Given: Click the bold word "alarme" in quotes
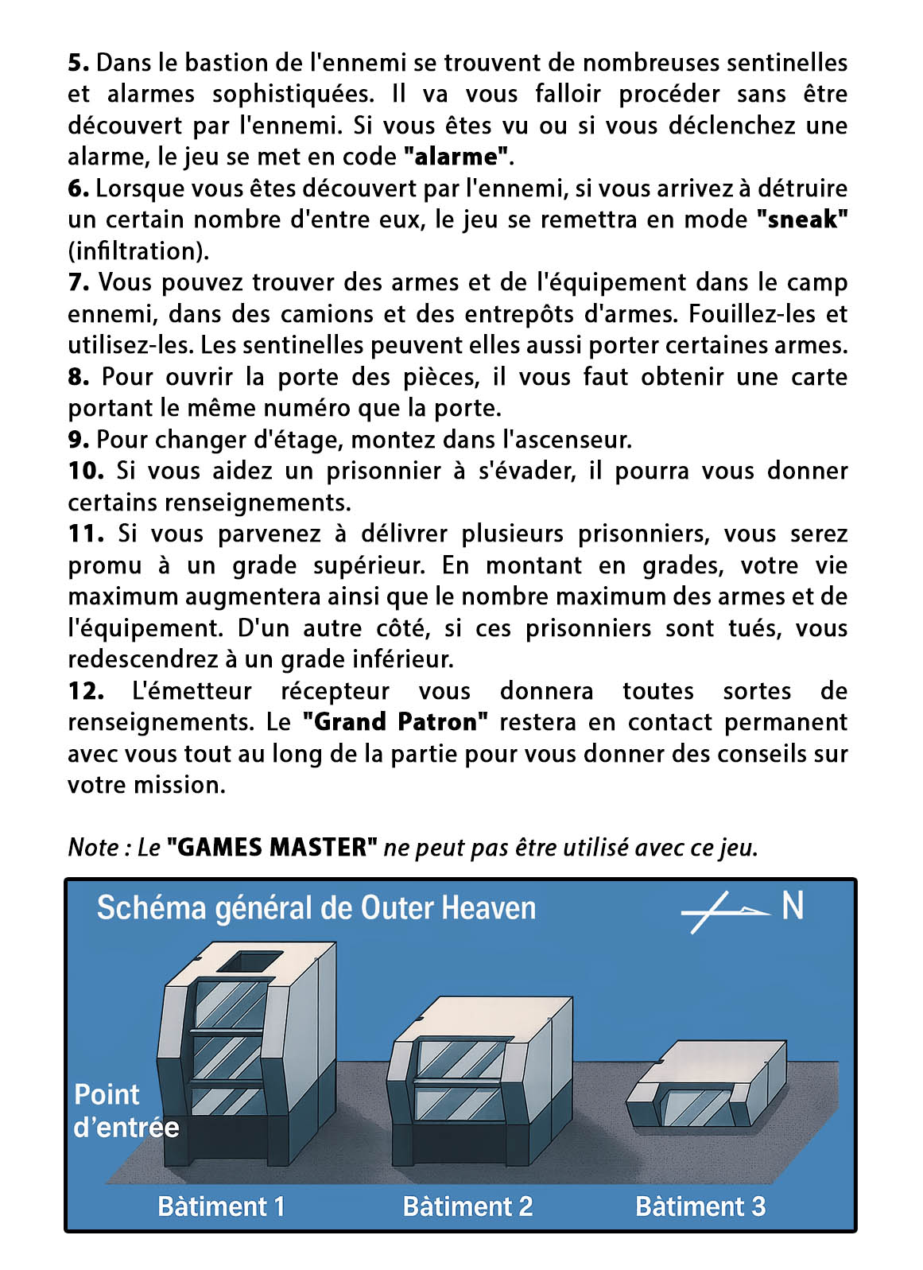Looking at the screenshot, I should coord(456,157).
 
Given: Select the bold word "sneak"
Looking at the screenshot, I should coord(801,219).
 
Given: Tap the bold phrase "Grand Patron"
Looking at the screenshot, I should coord(395,722).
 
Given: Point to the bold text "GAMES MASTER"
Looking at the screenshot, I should coord(272,848).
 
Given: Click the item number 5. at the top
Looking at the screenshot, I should coord(79,63).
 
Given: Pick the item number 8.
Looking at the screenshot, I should coord(79,377).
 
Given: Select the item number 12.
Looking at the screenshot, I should coord(85,691).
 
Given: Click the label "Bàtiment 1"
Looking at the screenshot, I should coord(221,1206).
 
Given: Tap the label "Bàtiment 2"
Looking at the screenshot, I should coord(467,1206).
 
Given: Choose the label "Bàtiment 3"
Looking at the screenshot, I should coord(700,1206).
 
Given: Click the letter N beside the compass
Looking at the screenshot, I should coord(793,906).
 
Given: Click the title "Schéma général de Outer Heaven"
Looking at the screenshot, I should coord(316,908).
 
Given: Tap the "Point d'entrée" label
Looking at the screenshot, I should coord(125,1111).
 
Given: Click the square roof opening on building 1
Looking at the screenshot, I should coord(250,961).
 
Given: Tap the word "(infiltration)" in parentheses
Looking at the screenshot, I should coord(138,251).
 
